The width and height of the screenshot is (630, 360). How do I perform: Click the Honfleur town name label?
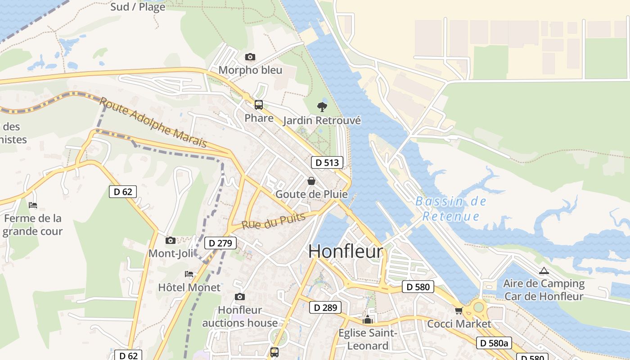[346, 252]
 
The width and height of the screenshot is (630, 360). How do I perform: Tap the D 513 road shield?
[327, 162]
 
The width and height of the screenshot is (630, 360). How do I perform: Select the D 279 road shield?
[220, 243]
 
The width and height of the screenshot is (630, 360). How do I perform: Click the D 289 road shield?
[325, 308]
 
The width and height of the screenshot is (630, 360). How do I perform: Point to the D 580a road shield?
[494, 343]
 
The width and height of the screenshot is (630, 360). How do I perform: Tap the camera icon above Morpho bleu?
[250, 57]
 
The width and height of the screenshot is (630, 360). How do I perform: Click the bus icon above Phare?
[259, 105]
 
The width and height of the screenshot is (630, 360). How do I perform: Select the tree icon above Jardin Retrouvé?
[322, 107]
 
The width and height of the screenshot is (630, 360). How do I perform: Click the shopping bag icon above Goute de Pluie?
[311, 181]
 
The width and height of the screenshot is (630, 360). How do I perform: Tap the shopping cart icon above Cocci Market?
[459, 310]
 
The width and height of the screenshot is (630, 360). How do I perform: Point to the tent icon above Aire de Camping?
[544, 271]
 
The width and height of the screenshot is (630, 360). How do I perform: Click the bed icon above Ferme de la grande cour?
[33, 205]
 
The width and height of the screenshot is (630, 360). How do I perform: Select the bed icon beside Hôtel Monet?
[189, 274]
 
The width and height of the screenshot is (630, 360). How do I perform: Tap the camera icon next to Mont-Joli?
[170, 241]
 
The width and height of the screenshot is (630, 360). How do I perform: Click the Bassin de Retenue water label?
[451, 209]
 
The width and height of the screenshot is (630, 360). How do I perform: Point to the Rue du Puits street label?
[274, 221]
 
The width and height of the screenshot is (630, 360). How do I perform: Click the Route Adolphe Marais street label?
[153, 122]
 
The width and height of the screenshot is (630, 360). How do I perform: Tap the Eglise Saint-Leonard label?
[368, 339]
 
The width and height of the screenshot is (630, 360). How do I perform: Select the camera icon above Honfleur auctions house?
[240, 297]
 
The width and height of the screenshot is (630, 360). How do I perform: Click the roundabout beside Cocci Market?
[478, 307]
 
